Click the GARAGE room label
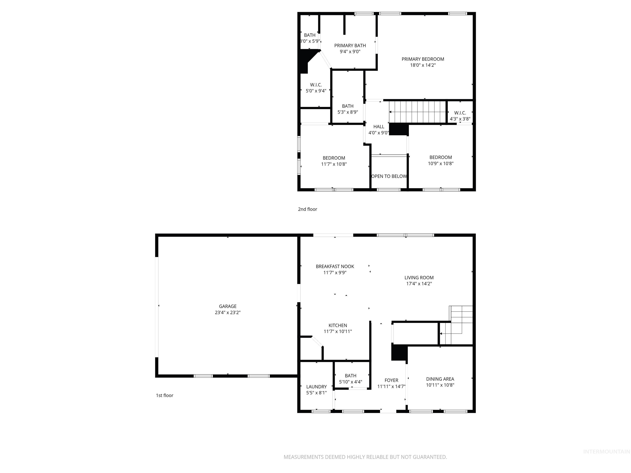click(x=228, y=306)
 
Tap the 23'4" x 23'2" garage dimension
click(x=228, y=312)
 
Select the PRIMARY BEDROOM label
click(x=423, y=59)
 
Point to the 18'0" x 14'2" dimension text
click(x=423, y=65)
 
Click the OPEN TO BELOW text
click(x=389, y=176)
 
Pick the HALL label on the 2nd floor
click(x=379, y=127)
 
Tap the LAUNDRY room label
click(x=316, y=387)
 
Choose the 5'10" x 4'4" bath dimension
click(x=351, y=382)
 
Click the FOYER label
click(x=391, y=380)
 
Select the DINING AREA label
click(x=440, y=379)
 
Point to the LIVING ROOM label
click(x=419, y=277)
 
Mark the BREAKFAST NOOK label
click(x=335, y=266)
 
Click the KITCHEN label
click(x=338, y=325)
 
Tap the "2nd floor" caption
click(x=307, y=209)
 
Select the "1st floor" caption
click(x=165, y=395)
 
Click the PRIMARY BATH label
click(x=350, y=45)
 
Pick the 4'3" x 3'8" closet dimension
click(x=460, y=119)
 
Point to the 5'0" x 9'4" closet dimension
click(x=316, y=91)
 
